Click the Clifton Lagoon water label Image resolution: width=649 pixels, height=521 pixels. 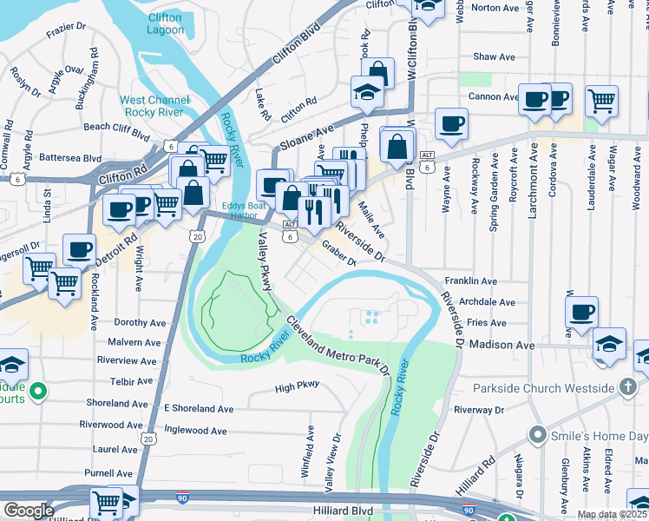pyautogui.click(x=164, y=23)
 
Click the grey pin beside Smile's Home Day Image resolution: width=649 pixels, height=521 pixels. pyautogui.click(x=540, y=434)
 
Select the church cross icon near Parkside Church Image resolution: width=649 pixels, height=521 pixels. pyautogui.click(x=629, y=387)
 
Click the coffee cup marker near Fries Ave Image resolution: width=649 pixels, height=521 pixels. pyautogui.click(x=582, y=311)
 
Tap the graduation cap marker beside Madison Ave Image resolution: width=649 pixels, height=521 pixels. pyautogui.click(x=610, y=343)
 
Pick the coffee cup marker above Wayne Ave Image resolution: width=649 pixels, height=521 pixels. pyautogui.click(x=450, y=122)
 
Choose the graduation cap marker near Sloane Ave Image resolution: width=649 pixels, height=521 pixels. pyautogui.click(x=367, y=91)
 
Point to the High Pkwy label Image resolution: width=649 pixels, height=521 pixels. pyautogui.click(x=297, y=388)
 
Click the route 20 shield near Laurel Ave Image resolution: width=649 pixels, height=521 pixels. pyautogui.click(x=148, y=440)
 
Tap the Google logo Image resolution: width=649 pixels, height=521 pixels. pyautogui.click(x=29, y=511)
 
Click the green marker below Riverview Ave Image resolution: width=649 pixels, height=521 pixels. pyautogui.click(x=36, y=393)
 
